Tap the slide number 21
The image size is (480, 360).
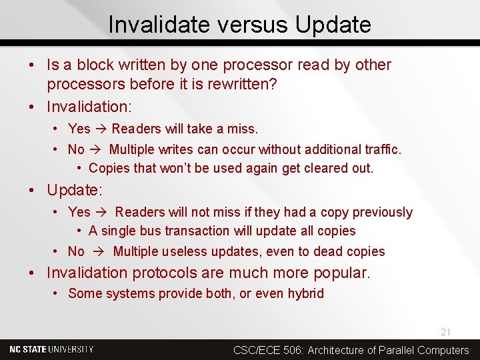click(445, 331)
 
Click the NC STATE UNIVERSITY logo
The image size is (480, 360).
click(51, 349)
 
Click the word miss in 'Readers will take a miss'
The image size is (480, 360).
click(241, 128)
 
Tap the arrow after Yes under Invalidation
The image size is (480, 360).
click(101, 128)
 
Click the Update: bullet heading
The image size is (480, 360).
click(74, 190)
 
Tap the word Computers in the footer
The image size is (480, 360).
click(443, 350)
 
